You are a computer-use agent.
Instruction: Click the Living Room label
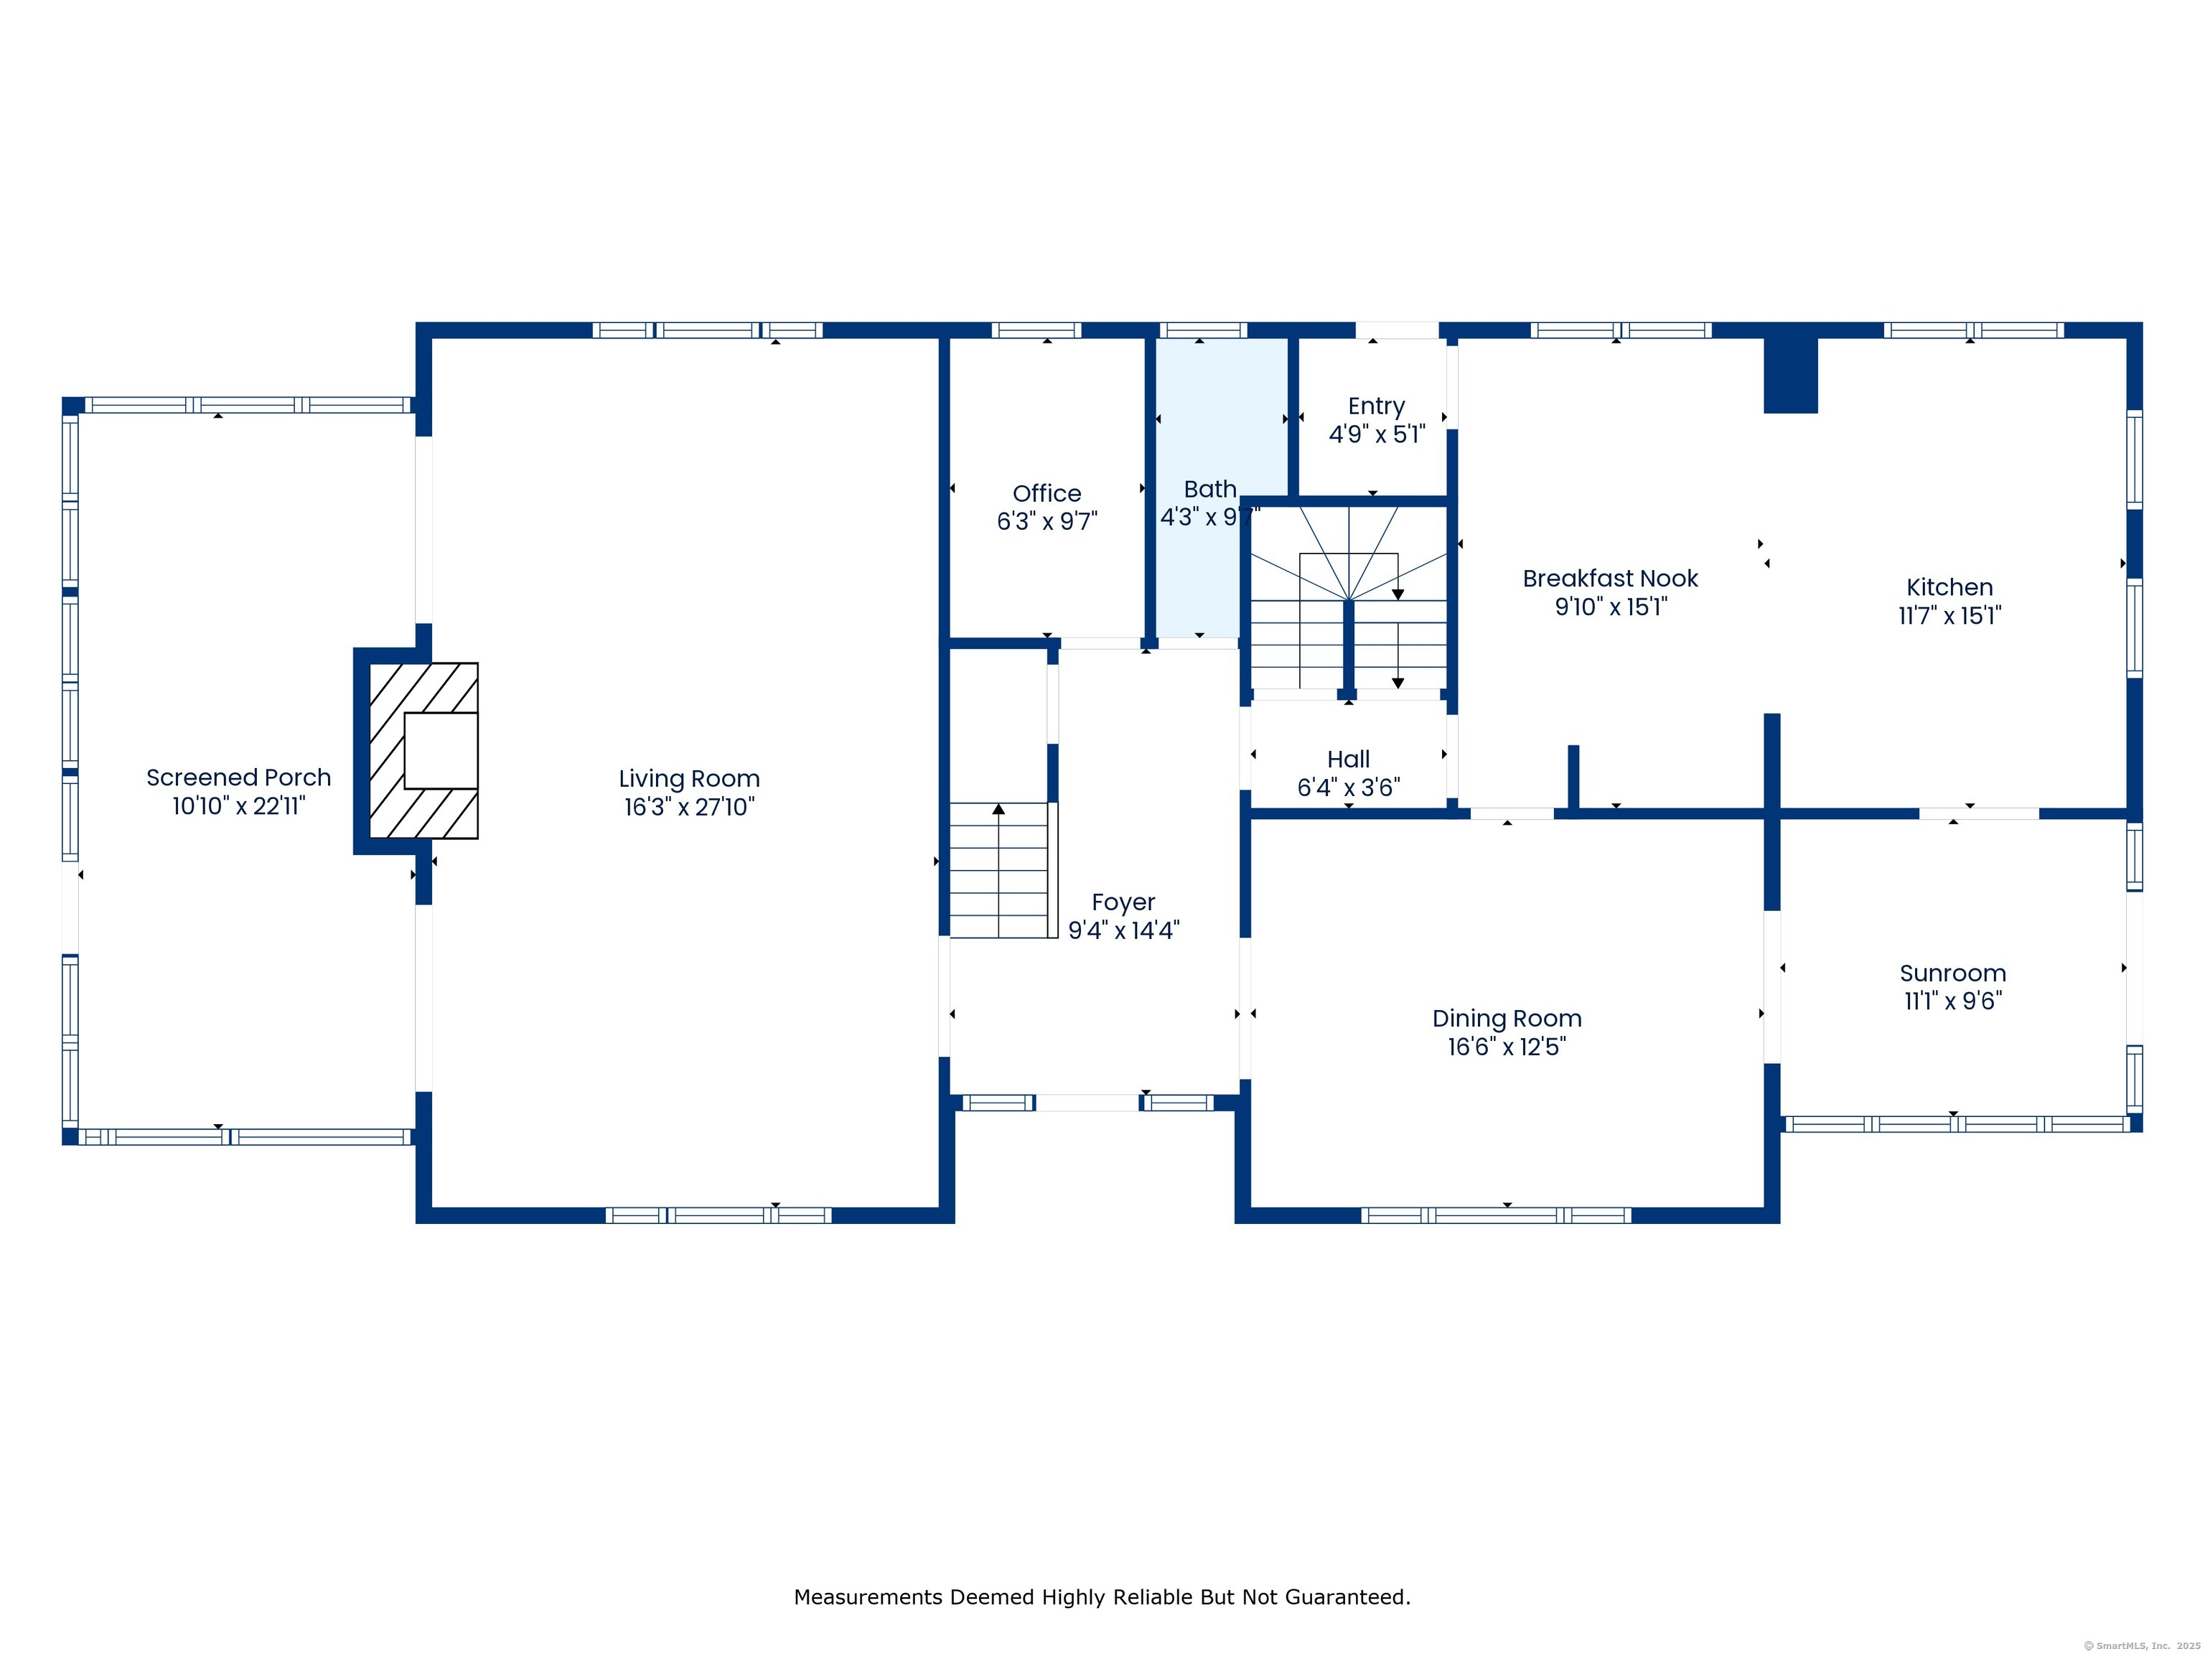tap(689, 779)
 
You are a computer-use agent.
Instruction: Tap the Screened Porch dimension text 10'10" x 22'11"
tap(238, 805)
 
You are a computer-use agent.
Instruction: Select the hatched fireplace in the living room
tap(423, 751)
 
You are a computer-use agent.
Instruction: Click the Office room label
tap(1047, 493)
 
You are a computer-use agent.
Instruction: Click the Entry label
tap(1377, 407)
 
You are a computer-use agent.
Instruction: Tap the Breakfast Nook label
tap(1611, 578)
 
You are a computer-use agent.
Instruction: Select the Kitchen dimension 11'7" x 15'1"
tap(1949, 615)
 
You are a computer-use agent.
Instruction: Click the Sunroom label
tap(1953, 973)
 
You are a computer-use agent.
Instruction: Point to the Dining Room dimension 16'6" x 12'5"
tap(1507, 1046)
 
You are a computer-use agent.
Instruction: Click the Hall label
tap(1349, 760)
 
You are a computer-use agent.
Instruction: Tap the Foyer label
tap(1123, 902)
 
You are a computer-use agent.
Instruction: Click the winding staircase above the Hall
tap(1349, 597)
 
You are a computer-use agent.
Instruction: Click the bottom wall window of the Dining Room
tap(1497, 1215)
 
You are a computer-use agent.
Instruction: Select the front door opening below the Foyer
tap(1087, 1103)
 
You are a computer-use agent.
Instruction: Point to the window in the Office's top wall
tap(1036, 330)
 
